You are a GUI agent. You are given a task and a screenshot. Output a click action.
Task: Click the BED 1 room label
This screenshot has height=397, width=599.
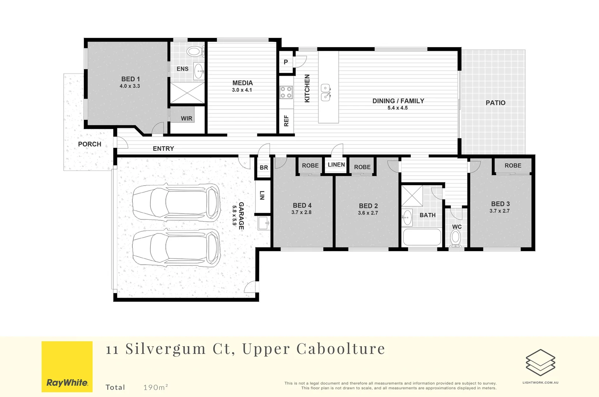coord(131,79)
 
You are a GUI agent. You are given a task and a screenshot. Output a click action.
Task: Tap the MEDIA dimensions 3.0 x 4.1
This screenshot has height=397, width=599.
coord(242,90)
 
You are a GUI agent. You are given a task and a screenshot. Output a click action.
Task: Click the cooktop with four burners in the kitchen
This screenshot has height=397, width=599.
coord(286,92)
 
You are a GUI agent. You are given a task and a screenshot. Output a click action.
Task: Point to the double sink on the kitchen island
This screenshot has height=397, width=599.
coord(326,92)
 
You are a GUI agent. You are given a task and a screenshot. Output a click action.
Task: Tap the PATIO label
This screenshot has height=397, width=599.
coord(495,103)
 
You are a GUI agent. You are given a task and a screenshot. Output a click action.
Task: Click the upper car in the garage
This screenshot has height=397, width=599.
coord(176,202)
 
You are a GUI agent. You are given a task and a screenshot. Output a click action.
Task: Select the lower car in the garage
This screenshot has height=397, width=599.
coord(176,247)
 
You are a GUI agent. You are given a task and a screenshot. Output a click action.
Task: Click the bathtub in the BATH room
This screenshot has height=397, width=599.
coord(422,237)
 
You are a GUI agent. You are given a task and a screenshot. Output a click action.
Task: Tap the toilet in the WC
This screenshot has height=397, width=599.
coord(456,238)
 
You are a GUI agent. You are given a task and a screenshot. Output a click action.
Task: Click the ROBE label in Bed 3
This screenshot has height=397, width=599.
coord(513,166)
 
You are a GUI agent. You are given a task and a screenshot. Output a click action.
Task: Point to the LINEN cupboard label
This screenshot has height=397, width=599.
coord(336,165)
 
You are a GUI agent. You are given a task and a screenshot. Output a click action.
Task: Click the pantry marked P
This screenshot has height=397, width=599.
coord(286,62)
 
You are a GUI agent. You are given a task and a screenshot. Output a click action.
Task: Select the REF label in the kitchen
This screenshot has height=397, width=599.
coord(286,121)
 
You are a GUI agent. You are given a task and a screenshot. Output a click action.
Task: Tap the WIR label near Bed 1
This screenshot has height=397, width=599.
coord(186,118)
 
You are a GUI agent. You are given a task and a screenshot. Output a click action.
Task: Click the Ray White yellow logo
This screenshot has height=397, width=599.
coord(67,366)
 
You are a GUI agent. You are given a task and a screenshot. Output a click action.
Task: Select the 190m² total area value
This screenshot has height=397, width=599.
coord(156,387)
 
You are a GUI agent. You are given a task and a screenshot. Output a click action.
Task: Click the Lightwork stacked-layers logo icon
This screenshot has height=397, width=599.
coord(540,362)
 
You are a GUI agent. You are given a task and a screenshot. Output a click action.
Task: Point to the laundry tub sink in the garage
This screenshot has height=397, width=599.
coord(263,223)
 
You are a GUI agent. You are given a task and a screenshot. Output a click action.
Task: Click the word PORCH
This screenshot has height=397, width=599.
coord(89,144)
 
